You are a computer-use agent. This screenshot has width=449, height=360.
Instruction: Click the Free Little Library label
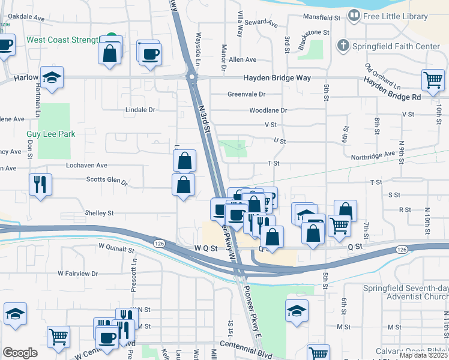[396, 16]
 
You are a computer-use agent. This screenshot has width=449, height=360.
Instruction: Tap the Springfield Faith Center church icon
[343, 45]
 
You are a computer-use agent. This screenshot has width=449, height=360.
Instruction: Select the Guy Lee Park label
[50, 134]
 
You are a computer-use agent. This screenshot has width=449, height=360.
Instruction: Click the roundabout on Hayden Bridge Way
[191, 77]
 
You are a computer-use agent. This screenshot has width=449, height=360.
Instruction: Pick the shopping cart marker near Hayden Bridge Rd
[433, 80]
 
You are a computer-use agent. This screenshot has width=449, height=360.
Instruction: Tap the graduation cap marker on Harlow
[52, 77]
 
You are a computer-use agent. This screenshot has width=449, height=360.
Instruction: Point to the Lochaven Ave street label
[87, 165]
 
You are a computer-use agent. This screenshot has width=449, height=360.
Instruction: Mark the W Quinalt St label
[116, 248]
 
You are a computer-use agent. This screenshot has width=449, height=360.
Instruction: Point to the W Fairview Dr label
[77, 273]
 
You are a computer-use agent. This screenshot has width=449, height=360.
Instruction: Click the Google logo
[20, 353]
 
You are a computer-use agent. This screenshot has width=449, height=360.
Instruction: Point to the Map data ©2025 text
[423, 355]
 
